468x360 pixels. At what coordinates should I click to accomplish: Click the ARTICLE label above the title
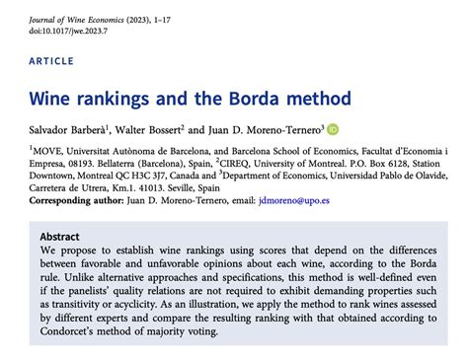tap(51, 61)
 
